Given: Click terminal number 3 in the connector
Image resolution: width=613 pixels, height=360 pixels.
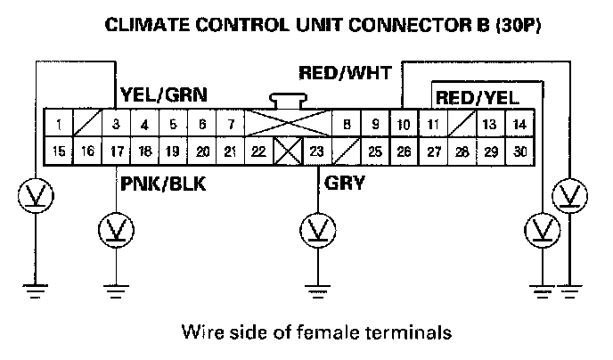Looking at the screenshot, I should tap(116, 124).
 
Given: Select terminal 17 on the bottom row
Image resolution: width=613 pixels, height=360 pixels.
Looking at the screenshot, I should tap(116, 151).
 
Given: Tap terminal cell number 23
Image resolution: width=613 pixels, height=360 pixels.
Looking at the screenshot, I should tap(316, 151).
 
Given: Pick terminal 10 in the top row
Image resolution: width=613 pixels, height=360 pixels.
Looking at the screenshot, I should tap(403, 124).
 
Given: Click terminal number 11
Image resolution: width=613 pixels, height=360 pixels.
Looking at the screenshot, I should tap(433, 124).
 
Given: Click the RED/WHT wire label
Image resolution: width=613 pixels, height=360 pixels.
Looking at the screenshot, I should tap(345, 74).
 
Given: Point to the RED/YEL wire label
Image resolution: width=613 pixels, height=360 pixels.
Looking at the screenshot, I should tap(477, 96).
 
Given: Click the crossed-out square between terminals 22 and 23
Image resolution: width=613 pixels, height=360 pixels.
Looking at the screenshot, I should tap(287, 151).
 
